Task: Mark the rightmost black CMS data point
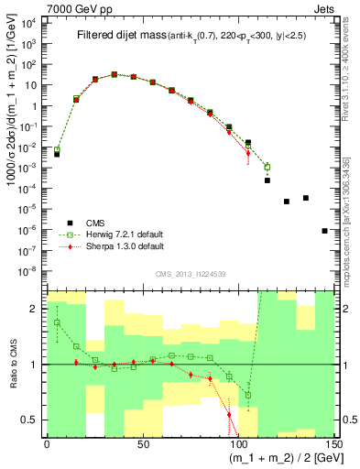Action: point(325,231)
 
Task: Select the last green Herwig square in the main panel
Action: point(267,167)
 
